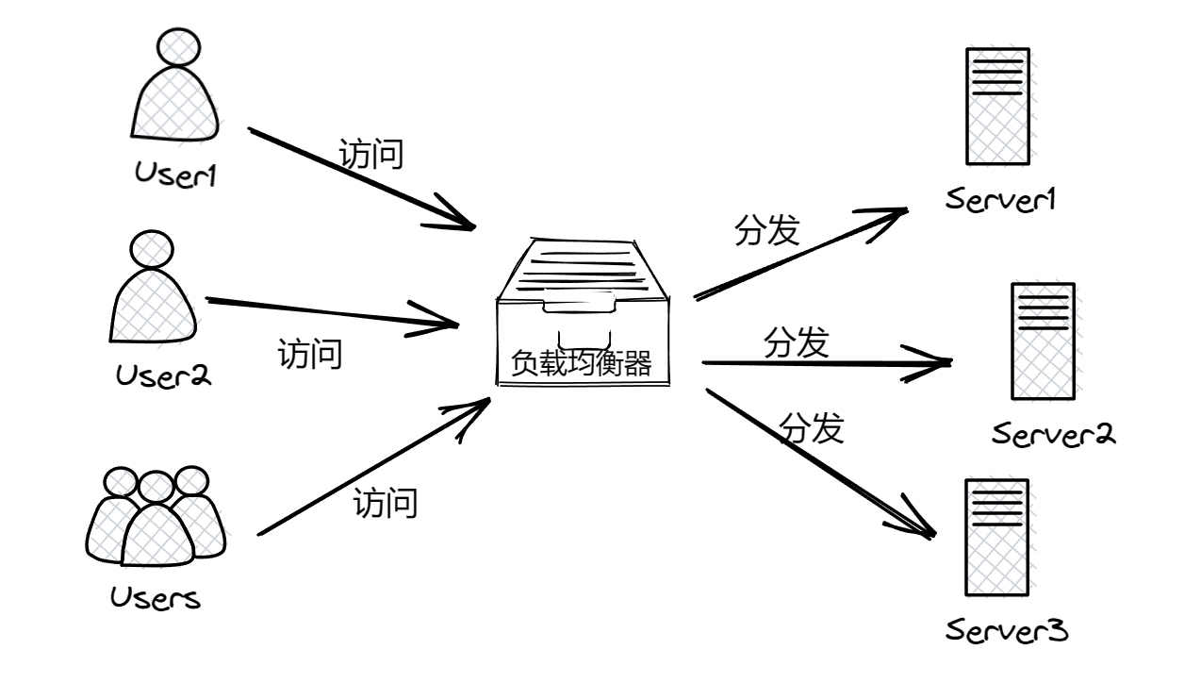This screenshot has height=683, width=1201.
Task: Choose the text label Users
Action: coord(156,598)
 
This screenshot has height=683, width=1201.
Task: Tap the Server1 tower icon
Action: coord(996,107)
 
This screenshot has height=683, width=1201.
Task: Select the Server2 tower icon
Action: coord(1042,341)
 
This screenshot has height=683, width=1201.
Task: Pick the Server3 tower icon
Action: coord(996,537)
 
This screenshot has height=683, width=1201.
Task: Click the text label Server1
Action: coord(1003,200)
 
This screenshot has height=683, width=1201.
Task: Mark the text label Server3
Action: coord(1007,629)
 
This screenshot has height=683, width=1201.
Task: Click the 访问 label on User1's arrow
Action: coord(371,153)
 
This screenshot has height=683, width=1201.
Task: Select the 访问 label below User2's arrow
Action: coord(309,356)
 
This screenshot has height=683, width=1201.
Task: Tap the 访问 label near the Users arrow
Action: coord(385,503)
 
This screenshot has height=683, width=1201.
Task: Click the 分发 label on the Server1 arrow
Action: coord(766,230)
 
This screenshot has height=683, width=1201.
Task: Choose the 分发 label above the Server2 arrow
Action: coord(796,343)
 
